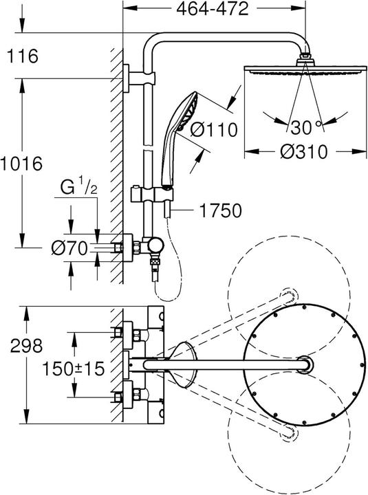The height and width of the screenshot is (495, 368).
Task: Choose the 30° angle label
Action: [306, 126]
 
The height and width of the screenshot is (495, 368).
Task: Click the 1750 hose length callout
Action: [220, 211]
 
